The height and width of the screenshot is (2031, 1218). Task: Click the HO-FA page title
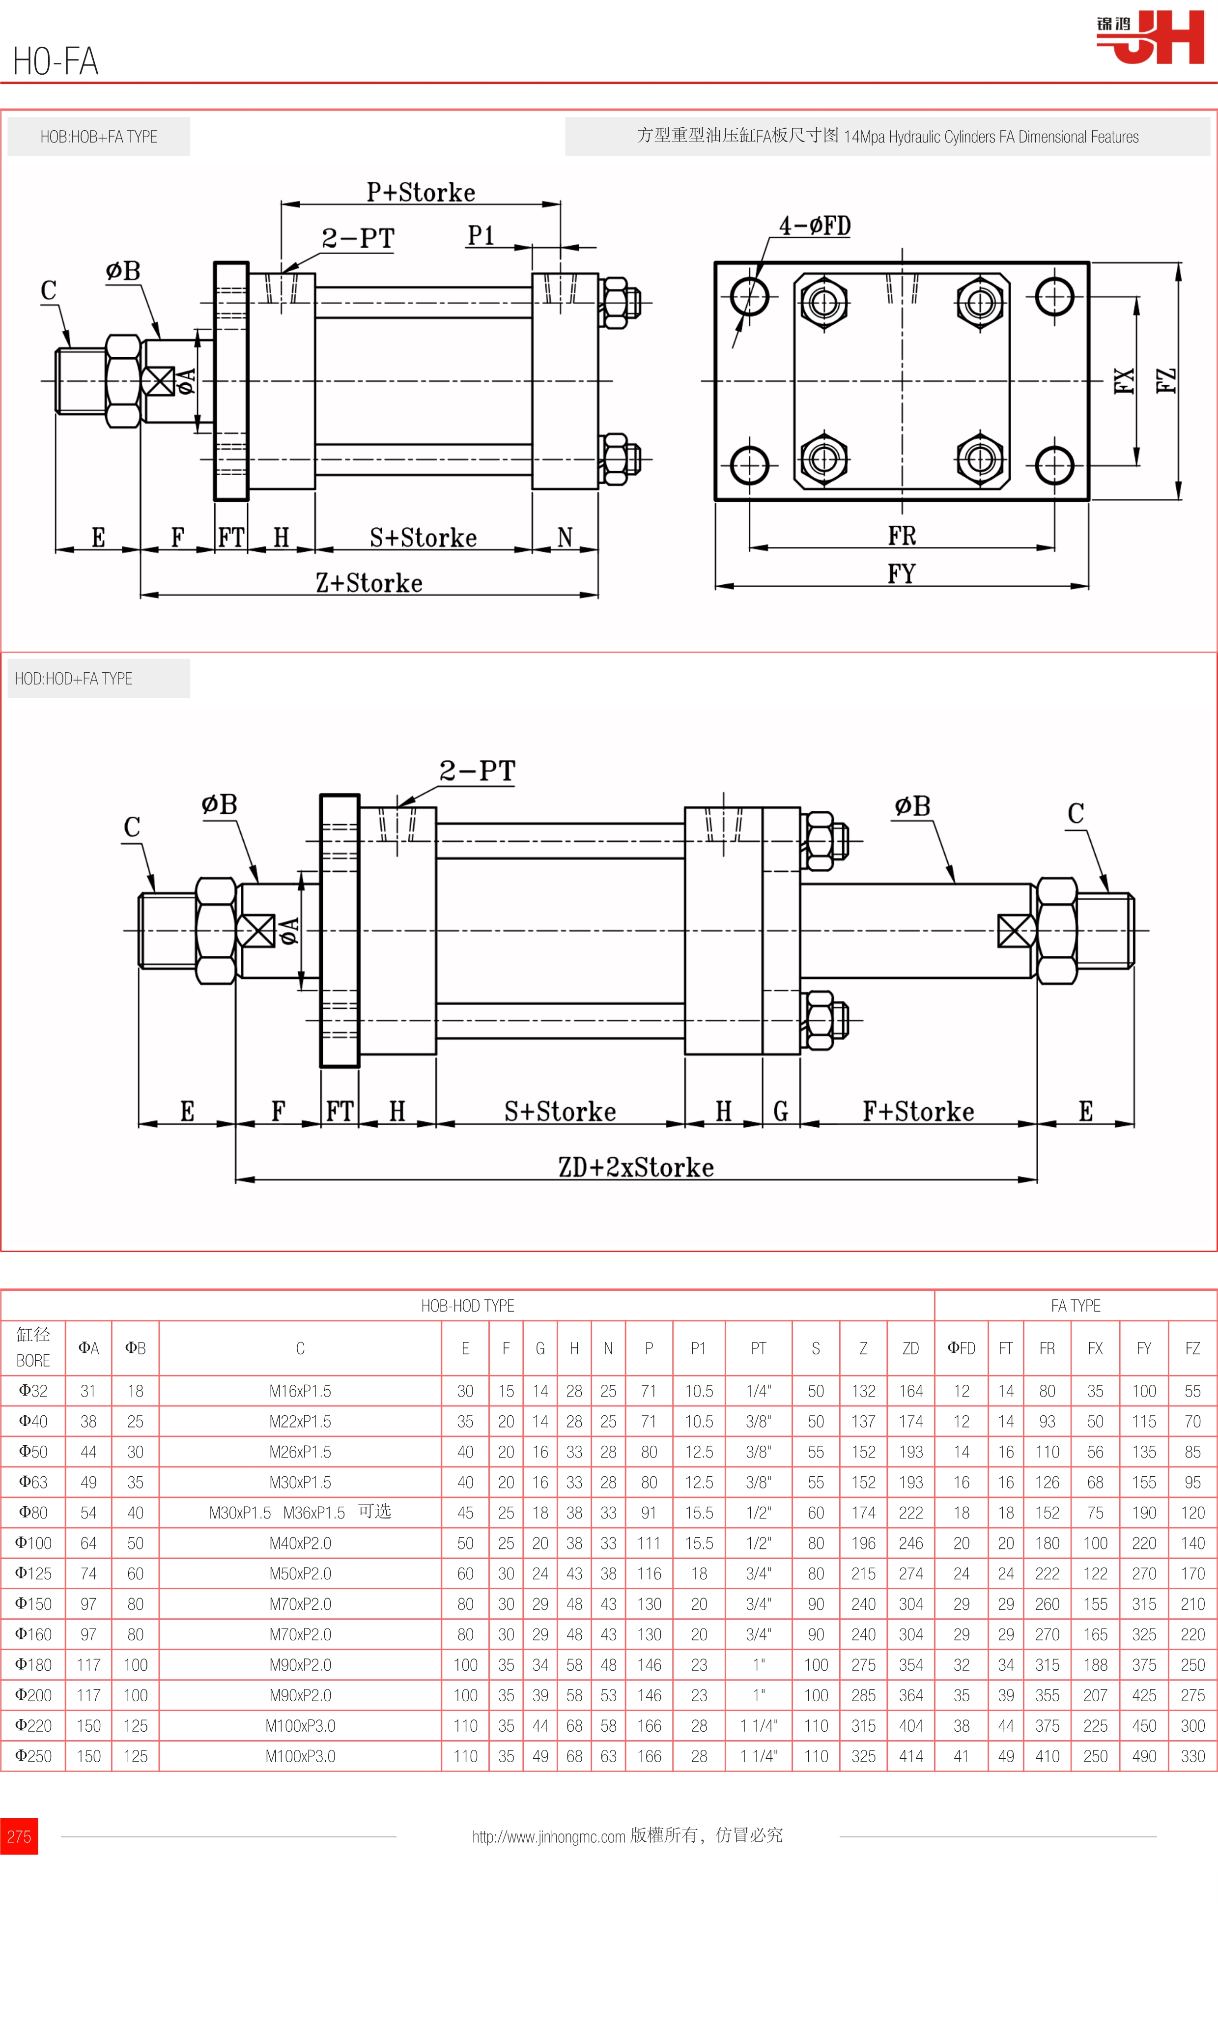pyautogui.click(x=56, y=61)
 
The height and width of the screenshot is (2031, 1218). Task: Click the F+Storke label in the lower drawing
pyautogui.click(x=918, y=1112)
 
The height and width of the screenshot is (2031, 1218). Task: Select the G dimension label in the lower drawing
pyautogui.click(x=781, y=1112)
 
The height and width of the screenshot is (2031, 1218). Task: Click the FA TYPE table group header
pyautogui.click(x=1075, y=1305)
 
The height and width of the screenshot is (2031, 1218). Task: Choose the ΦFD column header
pyautogui.click(x=961, y=1348)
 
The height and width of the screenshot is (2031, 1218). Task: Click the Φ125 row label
pyautogui.click(x=33, y=1573)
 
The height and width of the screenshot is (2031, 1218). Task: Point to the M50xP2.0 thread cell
pyautogui.click(x=300, y=1573)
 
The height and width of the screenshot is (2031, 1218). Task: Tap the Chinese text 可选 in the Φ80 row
pyautogui.click(x=374, y=1512)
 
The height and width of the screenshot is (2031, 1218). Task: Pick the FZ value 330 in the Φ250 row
pyautogui.click(x=1192, y=1756)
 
